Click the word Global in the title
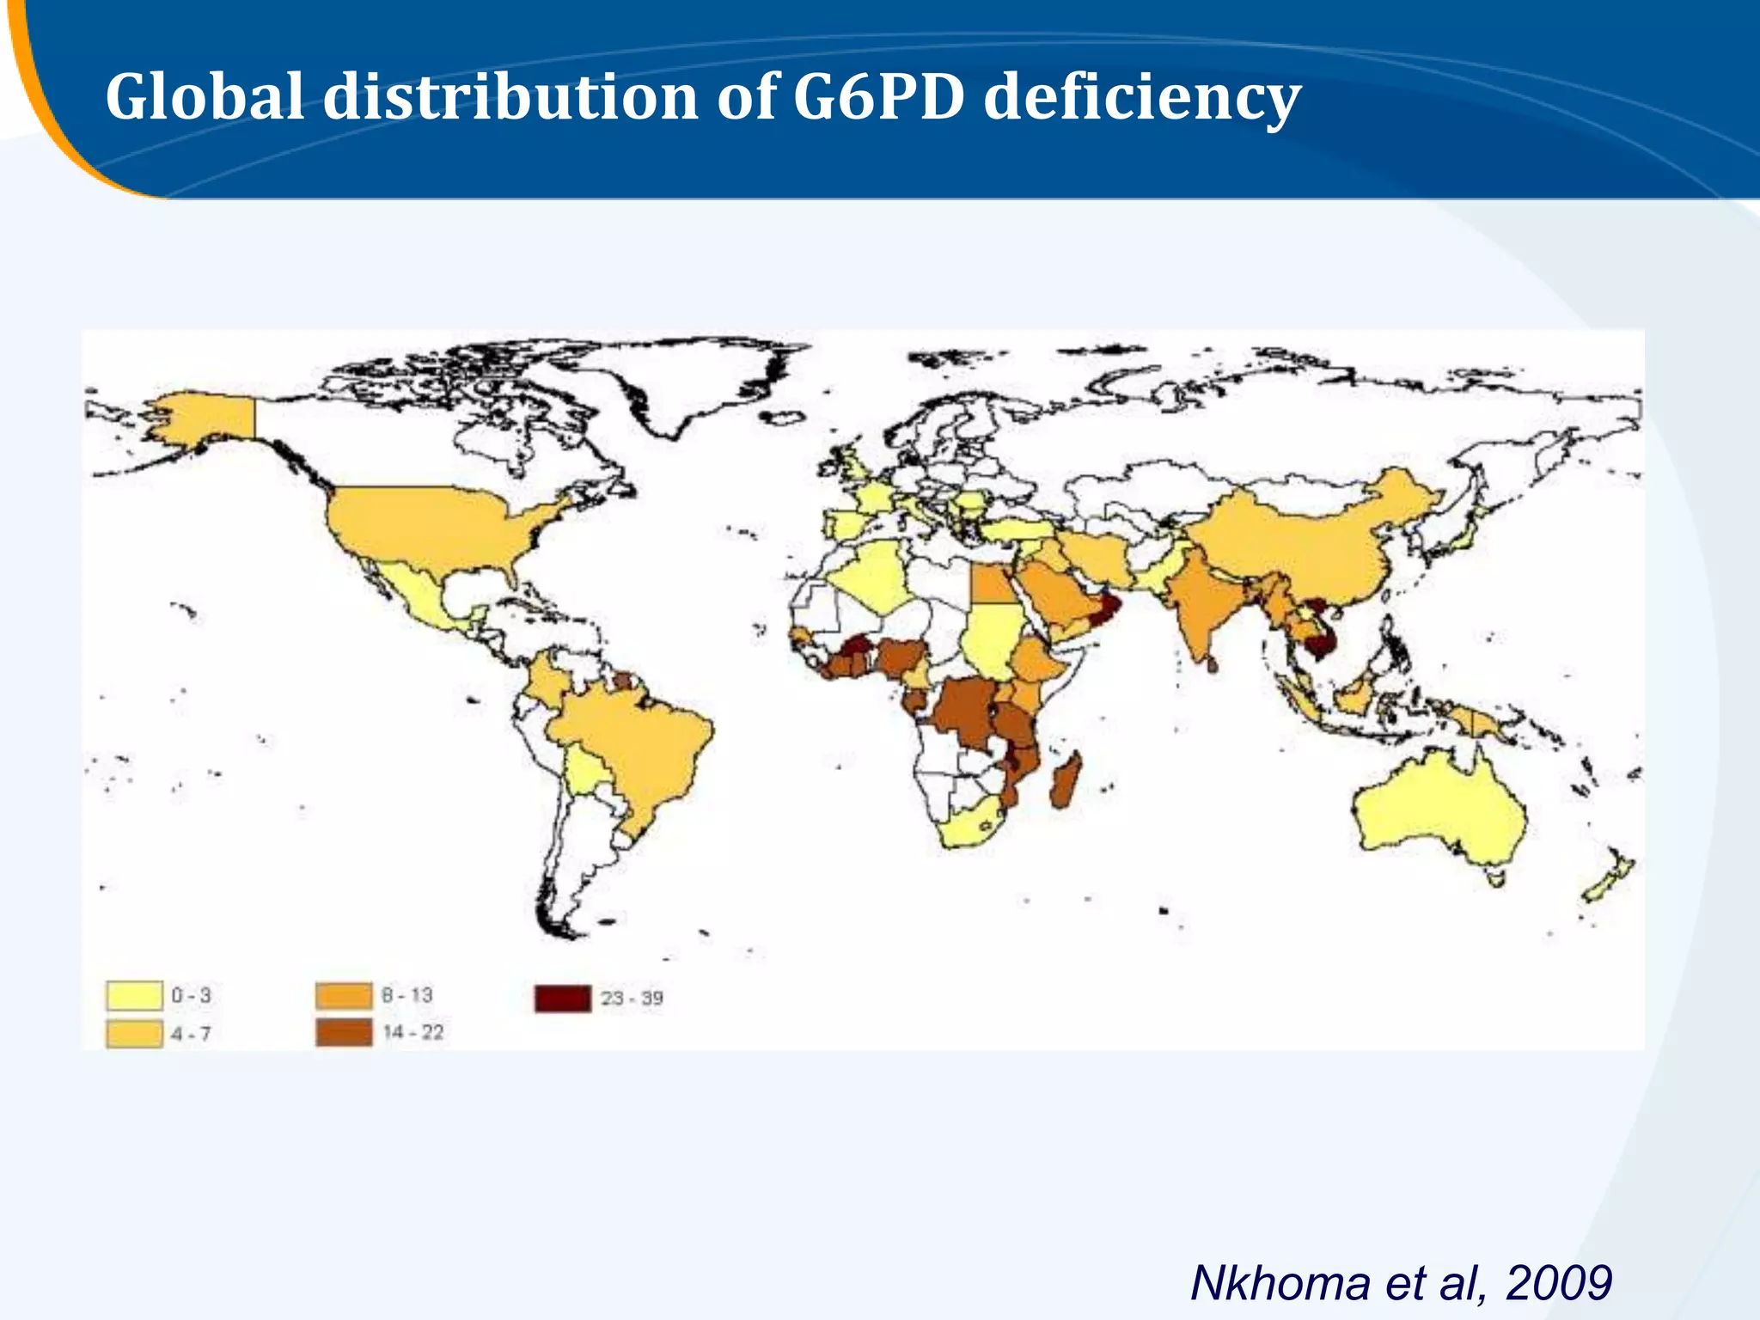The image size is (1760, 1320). point(204,96)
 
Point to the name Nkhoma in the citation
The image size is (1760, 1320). point(1280,1284)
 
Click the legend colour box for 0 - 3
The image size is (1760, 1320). point(134,995)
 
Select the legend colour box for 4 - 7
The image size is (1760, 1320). point(134,1033)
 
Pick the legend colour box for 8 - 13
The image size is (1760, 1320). point(344,995)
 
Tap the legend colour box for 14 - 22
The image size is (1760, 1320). point(344,1032)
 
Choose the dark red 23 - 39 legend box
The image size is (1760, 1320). point(563,998)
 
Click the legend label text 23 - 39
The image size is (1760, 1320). point(632,998)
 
